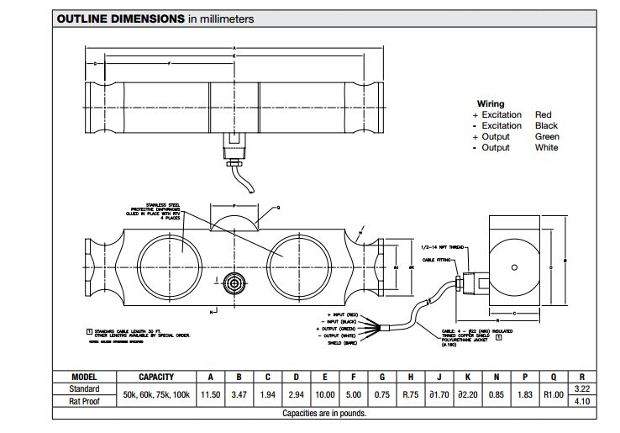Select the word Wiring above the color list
pyautogui.click(x=491, y=103)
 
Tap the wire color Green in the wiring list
pyautogui.click(x=547, y=136)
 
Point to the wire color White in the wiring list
pyautogui.click(x=546, y=147)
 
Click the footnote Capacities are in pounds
pyautogui.click(x=323, y=414)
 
